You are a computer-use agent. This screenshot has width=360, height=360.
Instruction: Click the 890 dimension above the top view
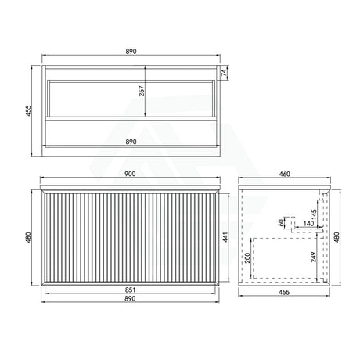131,52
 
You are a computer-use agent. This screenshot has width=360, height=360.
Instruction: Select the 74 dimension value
224,72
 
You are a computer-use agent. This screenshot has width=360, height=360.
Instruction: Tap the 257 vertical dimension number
142,91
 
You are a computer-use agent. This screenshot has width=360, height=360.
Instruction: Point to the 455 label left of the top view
28,110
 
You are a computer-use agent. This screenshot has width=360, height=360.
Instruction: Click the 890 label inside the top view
131,142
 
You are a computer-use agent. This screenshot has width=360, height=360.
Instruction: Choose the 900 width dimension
130,174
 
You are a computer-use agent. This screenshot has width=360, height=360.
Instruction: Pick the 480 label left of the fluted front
28,237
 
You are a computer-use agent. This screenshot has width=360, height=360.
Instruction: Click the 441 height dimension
225,237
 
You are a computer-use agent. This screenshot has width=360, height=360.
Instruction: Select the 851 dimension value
131,290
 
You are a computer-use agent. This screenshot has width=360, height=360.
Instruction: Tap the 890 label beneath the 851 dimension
131,298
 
